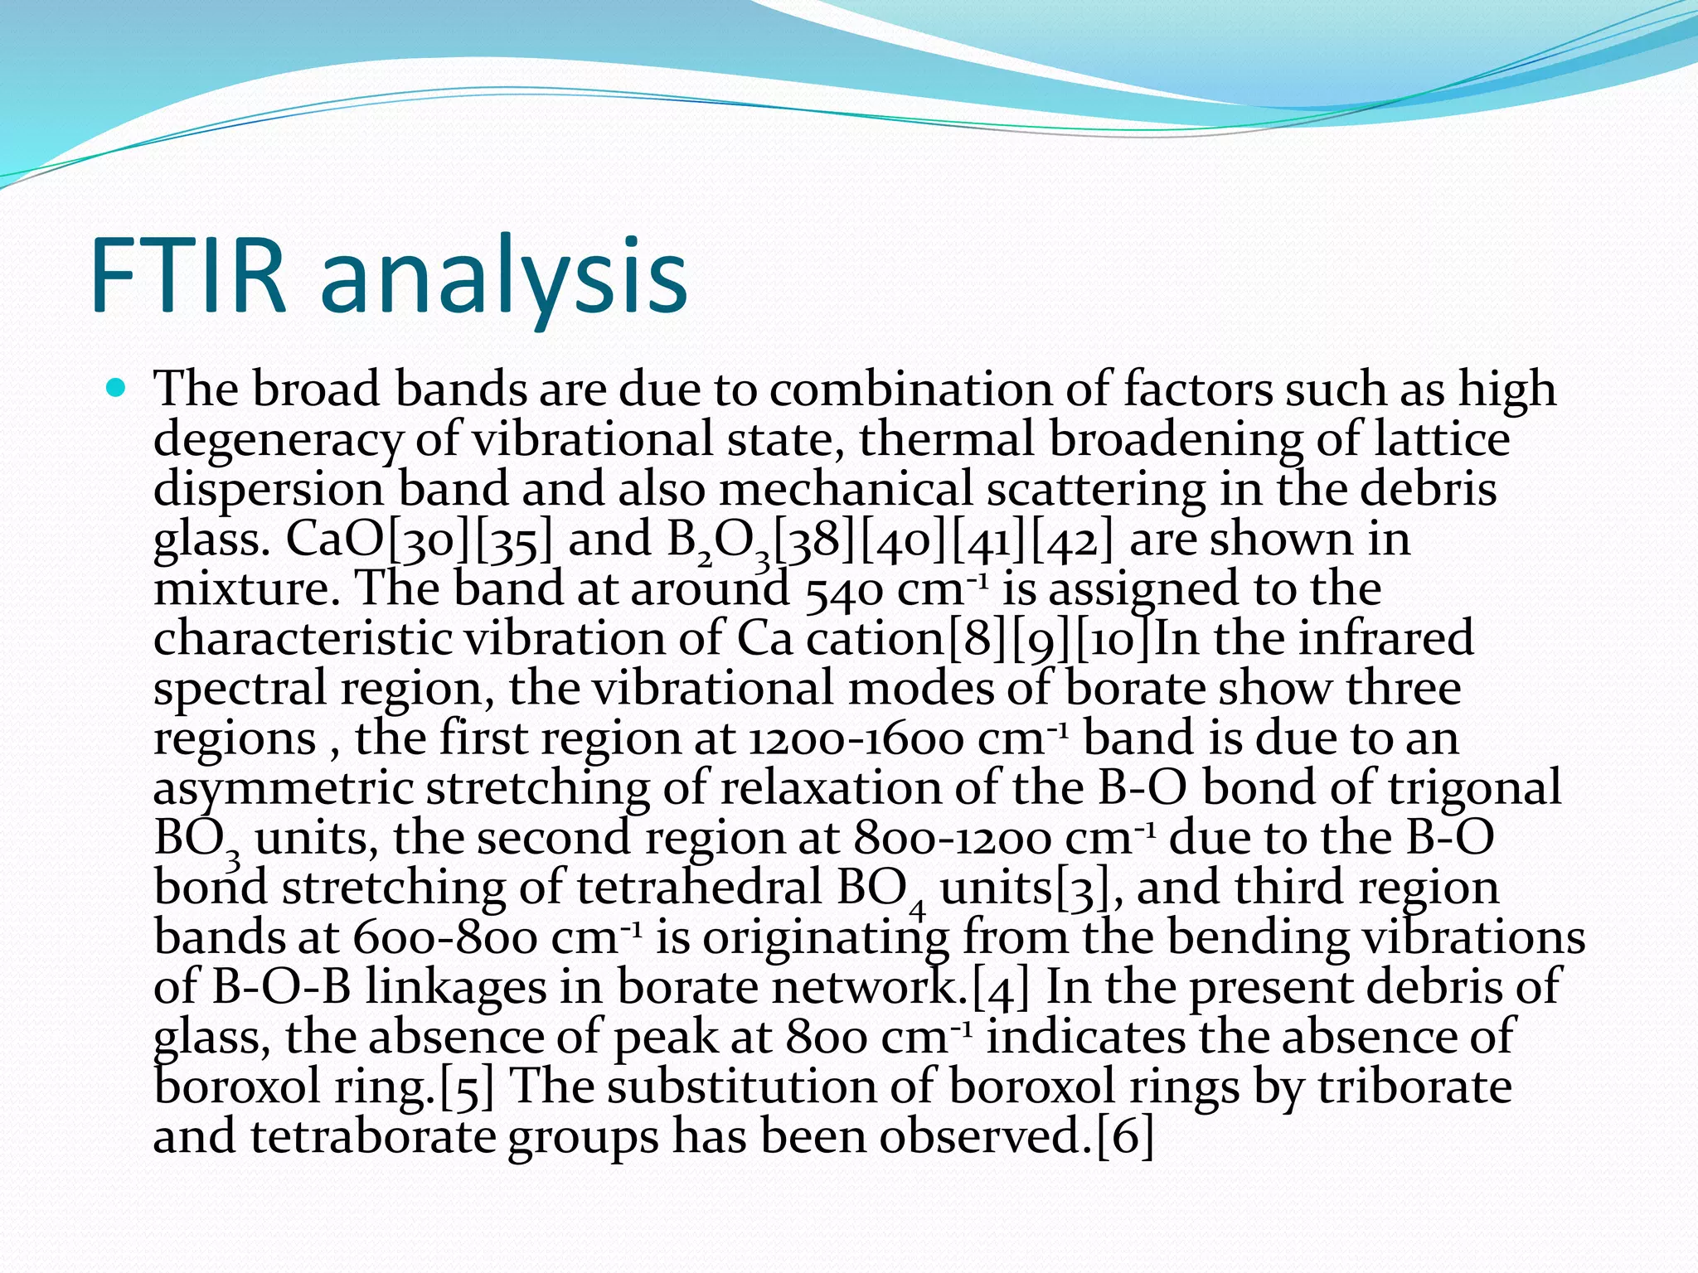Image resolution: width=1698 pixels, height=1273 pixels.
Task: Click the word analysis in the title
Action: (x=503, y=277)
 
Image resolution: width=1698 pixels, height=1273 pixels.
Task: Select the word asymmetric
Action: (x=283, y=788)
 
